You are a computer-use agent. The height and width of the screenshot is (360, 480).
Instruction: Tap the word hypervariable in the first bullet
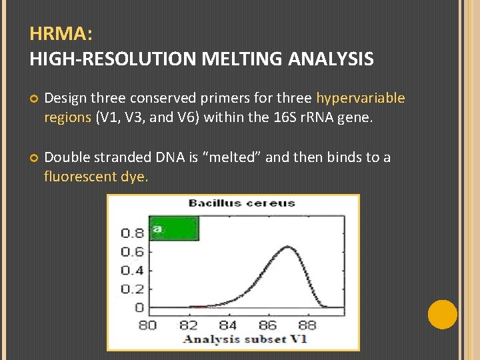tap(360, 99)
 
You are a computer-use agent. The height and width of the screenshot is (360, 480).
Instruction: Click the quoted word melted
tap(223, 157)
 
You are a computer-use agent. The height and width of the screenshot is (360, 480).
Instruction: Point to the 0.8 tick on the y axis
tap(132, 233)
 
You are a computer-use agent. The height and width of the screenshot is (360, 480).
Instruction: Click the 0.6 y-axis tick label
tap(132, 252)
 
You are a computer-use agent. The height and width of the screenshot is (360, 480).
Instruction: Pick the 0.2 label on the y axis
tap(132, 289)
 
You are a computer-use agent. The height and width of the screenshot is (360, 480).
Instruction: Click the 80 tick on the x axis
tap(147, 325)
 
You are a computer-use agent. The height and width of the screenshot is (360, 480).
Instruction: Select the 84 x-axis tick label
tap(228, 325)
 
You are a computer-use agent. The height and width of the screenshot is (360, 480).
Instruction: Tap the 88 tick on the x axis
tap(307, 325)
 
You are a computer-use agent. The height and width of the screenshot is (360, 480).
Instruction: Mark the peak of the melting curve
tap(287, 247)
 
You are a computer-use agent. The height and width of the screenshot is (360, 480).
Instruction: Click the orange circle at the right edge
tap(442, 314)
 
